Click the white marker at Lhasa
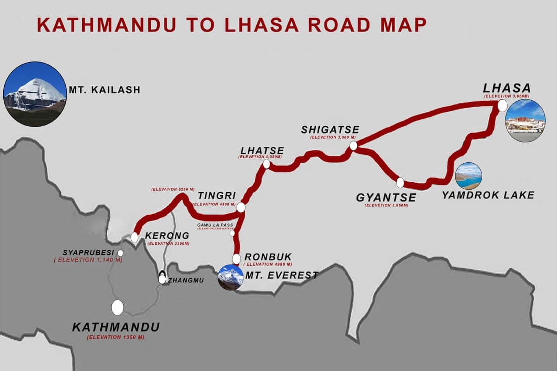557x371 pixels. [502, 106]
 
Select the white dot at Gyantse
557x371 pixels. [400, 183]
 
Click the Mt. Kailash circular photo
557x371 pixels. [35, 94]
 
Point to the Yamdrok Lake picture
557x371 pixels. [468, 176]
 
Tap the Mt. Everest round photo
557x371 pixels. [231, 277]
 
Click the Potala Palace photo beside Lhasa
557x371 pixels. [525, 121]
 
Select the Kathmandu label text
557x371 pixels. [116, 327]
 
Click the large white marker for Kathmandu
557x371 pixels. [117, 307]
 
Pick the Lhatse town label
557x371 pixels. [262, 151]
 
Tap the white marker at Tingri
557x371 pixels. [240, 207]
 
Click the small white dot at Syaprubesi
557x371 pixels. [120, 253]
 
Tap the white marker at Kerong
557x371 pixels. [135, 237]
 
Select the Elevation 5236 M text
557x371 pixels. [170, 190]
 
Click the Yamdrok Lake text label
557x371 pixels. [488, 195]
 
